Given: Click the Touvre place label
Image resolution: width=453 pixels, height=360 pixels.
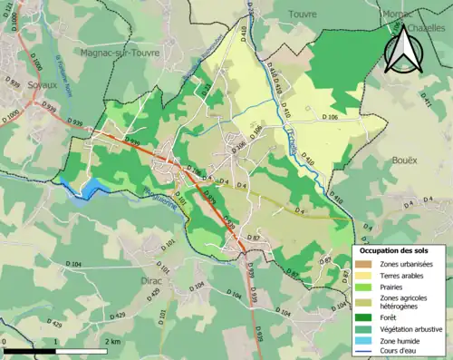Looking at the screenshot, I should [x=303, y=15].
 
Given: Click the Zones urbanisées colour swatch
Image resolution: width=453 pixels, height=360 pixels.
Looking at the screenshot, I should [x=367, y=263].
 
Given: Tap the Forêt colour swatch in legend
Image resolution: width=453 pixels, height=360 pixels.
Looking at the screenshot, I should [x=367, y=316].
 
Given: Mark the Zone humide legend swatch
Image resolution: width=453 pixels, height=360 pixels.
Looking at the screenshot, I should [x=367, y=340].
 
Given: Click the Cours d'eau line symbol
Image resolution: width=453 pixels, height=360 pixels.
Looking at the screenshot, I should [x=367, y=351].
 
